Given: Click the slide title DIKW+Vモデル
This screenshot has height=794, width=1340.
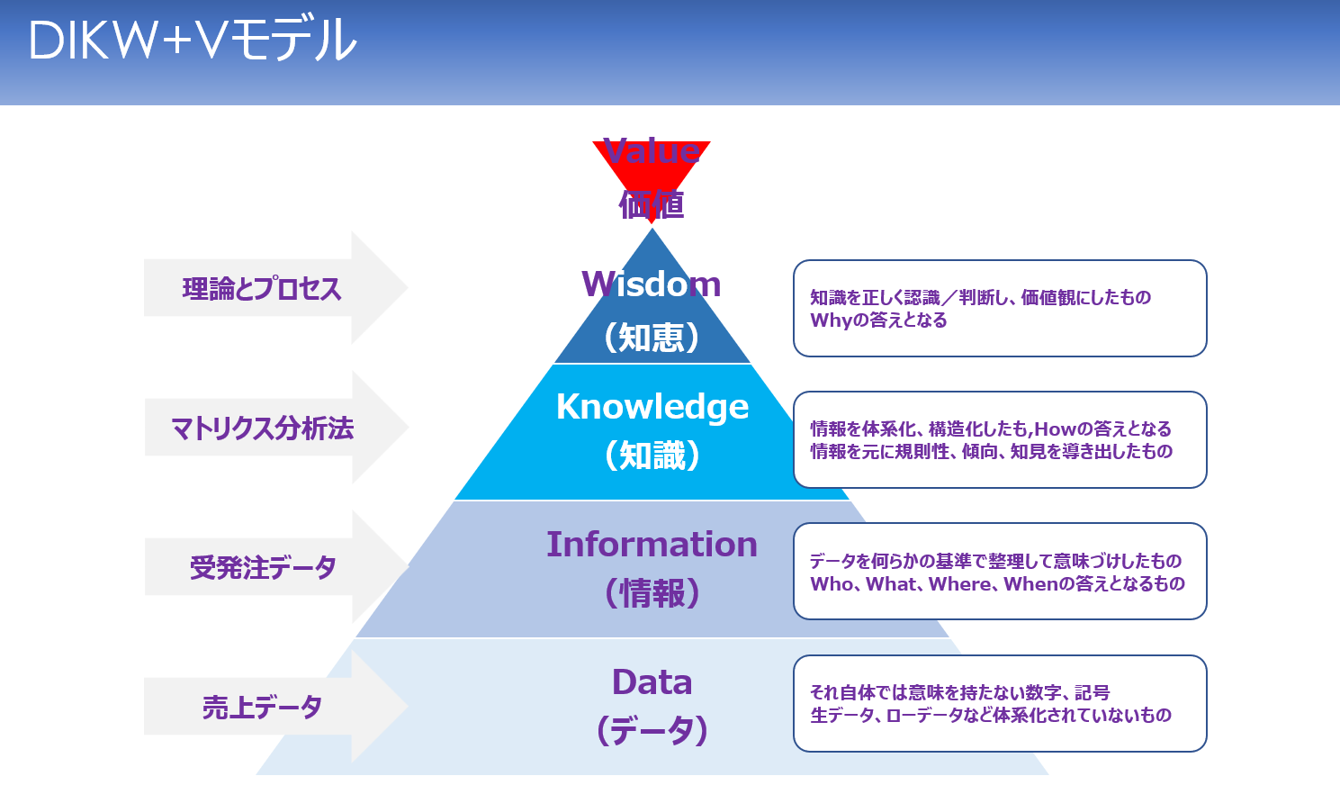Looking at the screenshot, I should point(193,41).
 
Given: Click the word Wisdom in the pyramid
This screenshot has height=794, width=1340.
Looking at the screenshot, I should point(652,284).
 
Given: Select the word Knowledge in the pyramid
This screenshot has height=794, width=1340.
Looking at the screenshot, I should point(652,407).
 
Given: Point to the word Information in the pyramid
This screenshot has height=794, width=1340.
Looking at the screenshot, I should point(652,545).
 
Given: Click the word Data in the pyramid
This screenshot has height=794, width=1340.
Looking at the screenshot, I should point(652,682).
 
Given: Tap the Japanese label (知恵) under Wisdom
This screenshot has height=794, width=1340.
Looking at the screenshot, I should point(652,338).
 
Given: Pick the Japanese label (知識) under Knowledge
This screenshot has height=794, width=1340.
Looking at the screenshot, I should point(652,456).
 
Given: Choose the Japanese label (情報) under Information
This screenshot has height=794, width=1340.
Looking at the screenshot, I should point(652,593).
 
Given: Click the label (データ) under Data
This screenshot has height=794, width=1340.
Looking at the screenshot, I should point(652,730).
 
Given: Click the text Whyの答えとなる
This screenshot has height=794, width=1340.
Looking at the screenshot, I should point(878,320).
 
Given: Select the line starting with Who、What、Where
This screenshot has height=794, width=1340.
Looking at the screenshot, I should point(997,584).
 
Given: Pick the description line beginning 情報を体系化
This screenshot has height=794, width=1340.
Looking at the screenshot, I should point(990,429).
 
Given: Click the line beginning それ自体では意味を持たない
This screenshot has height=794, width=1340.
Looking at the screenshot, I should point(959,692).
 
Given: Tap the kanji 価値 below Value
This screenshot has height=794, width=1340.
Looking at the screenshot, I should point(652,205).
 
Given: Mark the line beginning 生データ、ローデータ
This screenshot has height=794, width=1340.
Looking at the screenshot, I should point(990,716).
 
